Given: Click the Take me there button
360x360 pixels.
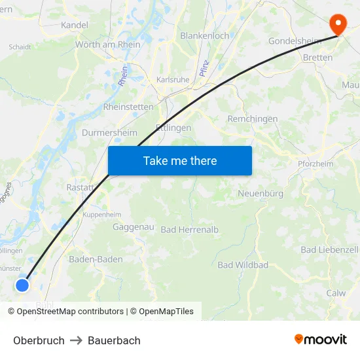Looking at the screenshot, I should [x=180, y=160].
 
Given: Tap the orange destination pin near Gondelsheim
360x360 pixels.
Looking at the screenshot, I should [x=338, y=25].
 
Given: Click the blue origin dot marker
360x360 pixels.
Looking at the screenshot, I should [x=22, y=285].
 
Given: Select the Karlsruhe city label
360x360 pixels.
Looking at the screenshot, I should [x=173, y=80].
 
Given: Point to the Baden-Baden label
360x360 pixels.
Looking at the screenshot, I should [x=96, y=259].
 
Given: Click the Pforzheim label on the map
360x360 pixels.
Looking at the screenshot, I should [x=315, y=164].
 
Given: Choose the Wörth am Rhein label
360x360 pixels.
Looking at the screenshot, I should [x=108, y=45].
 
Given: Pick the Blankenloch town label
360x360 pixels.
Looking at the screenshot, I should [x=205, y=36].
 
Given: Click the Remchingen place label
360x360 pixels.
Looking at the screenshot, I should [x=252, y=119].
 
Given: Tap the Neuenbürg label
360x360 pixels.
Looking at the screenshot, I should [x=261, y=194].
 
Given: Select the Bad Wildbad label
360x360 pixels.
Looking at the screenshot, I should [x=243, y=265].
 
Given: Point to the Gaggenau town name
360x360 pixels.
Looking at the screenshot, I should [x=133, y=227].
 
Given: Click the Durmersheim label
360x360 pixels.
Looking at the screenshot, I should [x=109, y=132].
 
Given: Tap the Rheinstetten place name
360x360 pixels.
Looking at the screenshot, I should [x=128, y=107].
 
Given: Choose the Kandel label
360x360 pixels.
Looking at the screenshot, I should [x=74, y=25].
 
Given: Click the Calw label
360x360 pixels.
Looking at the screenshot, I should [x=336, y=293].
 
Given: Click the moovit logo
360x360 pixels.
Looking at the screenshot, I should [x=321, y=340].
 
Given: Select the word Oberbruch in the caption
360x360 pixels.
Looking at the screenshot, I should [x=39, y=340].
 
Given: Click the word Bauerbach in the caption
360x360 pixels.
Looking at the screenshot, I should [x=114, y=340].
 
